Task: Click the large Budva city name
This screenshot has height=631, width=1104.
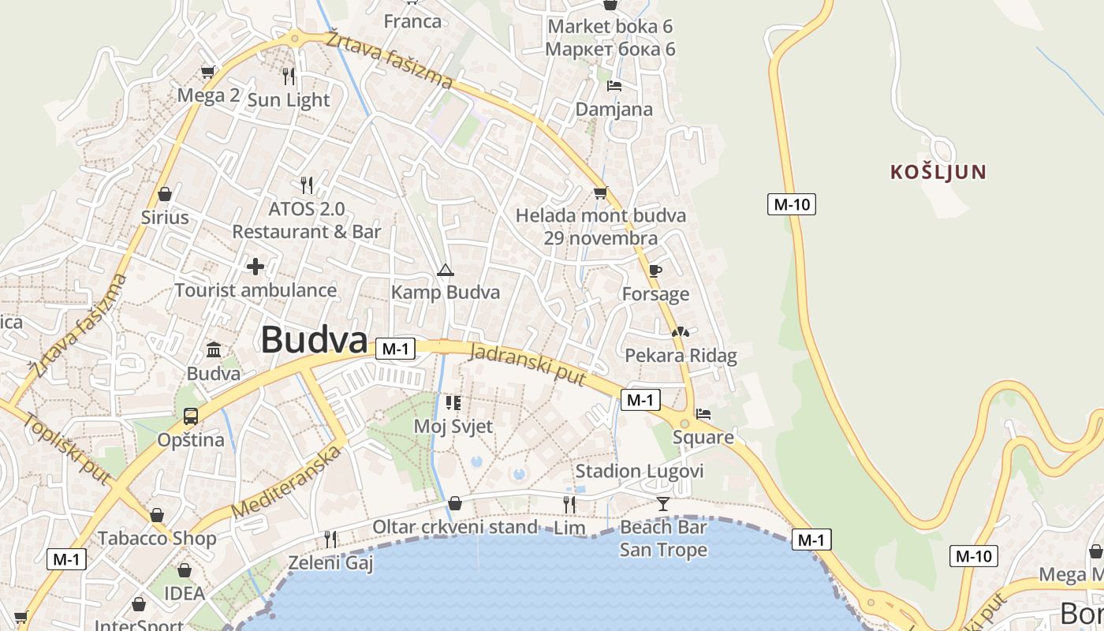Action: point(314,340)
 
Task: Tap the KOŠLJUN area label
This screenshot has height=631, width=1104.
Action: point(938,172)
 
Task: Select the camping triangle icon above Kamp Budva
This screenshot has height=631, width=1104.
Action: point(446,271)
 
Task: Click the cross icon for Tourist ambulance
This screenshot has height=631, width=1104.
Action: point(255,267)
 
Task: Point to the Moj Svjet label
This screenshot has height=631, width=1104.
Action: point(453,427)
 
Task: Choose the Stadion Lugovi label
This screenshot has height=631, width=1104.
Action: point(640,471)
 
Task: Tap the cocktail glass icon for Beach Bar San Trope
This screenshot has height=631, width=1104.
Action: point(662,503)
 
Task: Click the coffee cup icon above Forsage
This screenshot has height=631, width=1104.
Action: point(655,271)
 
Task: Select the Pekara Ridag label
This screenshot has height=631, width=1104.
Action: point(681,356)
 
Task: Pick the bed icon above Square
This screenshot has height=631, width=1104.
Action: point(703,413)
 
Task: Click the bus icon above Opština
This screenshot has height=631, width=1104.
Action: point(191,416)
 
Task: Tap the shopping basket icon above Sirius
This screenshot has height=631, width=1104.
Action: point(165,193)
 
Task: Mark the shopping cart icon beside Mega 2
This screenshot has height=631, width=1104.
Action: point(207,73)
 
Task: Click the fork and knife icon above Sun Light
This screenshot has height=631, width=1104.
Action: point(289,76)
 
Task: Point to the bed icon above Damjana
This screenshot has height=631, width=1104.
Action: point(614,86)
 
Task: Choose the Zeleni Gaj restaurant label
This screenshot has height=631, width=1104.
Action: point(330,562)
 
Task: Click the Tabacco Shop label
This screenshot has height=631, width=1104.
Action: point(157,539)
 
